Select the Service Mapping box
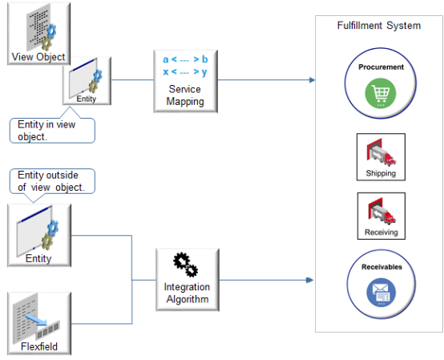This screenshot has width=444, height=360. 185,80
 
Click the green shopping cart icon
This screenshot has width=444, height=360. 381,95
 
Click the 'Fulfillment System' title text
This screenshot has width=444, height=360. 378,26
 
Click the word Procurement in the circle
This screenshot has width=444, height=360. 381,67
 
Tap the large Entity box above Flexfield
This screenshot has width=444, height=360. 38,234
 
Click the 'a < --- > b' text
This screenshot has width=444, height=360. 185,60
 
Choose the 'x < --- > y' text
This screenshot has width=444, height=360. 185,73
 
